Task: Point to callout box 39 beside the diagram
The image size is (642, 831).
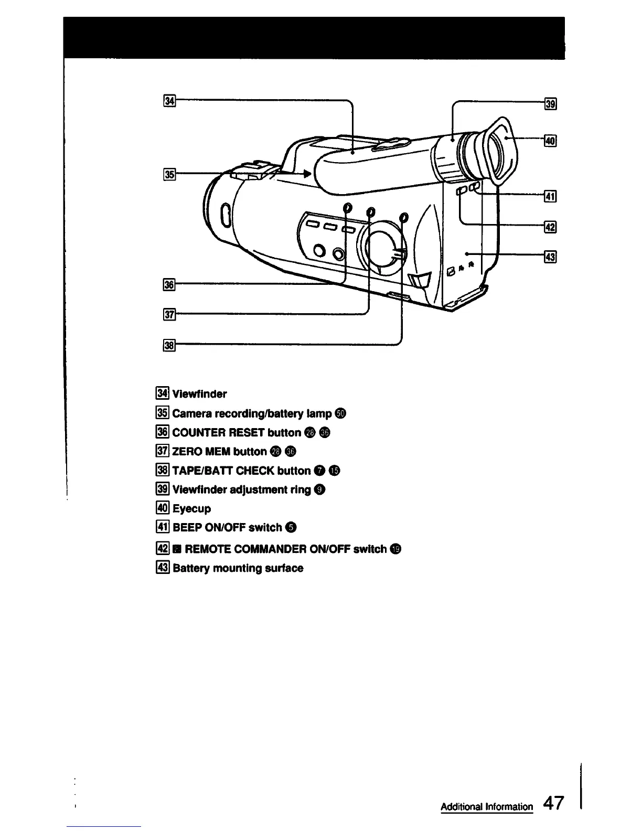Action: tap(550, 104)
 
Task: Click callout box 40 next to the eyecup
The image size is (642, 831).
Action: tap(550, 141)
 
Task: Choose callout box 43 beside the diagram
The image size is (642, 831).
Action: tap(550, 258)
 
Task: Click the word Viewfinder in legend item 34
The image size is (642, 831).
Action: tap(199, 394)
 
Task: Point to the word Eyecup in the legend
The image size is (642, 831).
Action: tap(191, 509)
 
